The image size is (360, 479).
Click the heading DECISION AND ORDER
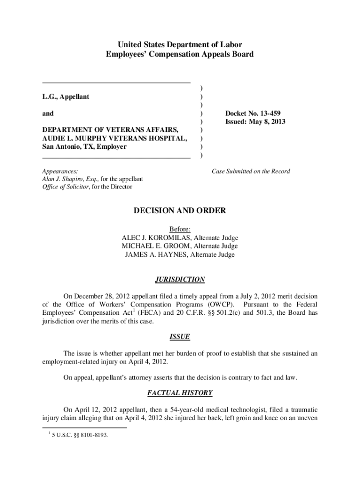(x=180, y=211)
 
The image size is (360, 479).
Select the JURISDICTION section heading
(x=180, y=280)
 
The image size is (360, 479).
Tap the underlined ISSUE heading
(x=180, y=337)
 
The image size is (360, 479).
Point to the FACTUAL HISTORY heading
(x=180, y=393)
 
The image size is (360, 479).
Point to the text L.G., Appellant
(x=65, y=97)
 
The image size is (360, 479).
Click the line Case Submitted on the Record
(x=251, y=171)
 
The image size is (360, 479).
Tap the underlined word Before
(x=180, y=229)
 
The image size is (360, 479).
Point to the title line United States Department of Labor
(x=180, y=45)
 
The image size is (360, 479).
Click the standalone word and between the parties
(x=48, y=114)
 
